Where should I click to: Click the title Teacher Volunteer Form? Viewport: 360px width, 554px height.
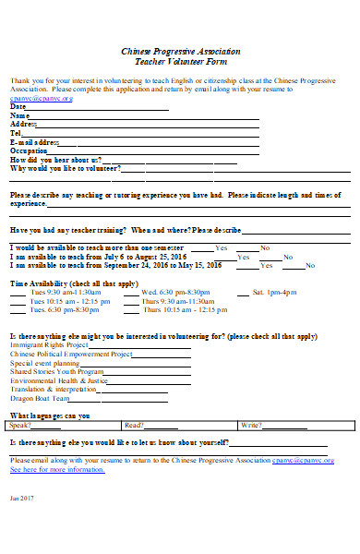[x=179, y=62]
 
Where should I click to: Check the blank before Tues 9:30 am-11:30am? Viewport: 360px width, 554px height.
[x=18, y=292]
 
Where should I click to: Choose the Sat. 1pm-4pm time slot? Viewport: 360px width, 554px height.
[x=275, y=292]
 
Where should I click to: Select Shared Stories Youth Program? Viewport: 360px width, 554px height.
[x=56, y=371]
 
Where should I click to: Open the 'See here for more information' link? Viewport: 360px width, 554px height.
[x=57, y=469]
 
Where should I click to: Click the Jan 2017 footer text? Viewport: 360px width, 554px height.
[x=20, y=524]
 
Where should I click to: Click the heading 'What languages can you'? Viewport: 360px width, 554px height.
[x=50, y=415]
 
